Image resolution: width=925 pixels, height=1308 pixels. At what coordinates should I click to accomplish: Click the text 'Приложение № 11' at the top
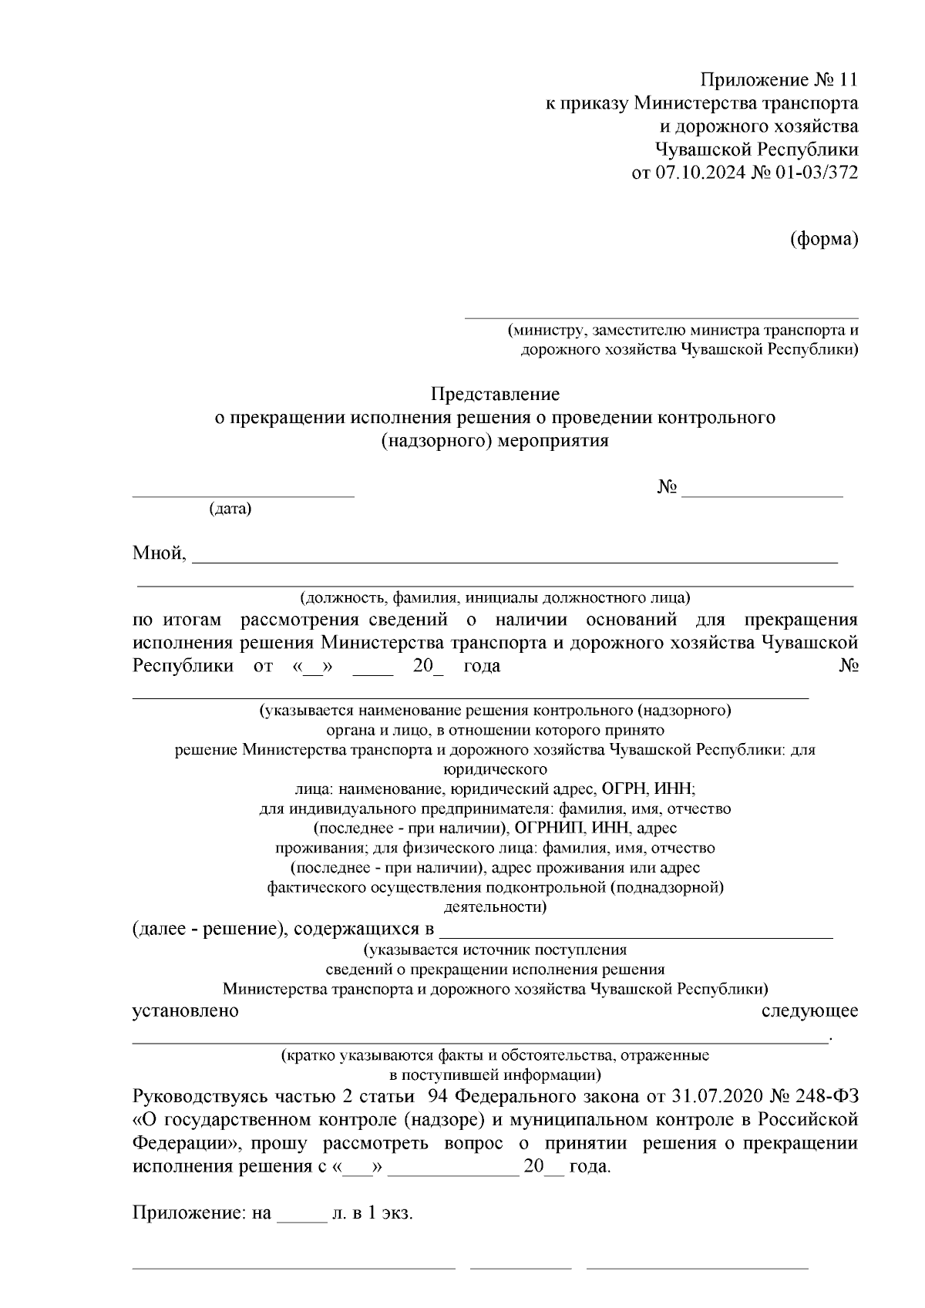(x=778, y=80)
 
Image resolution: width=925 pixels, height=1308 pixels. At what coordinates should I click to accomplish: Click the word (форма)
(x=824, y=240)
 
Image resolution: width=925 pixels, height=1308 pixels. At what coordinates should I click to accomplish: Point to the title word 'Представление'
(x=495, y=395)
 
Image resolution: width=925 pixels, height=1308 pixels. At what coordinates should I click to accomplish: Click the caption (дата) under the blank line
(x=230, y=509)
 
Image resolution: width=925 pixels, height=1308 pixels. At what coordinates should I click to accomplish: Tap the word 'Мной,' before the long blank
(x=160, y=553)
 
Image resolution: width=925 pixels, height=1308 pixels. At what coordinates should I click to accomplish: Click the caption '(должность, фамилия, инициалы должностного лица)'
(x=495, y=597)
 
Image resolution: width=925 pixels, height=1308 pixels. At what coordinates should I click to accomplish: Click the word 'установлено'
(x=186, y=1010)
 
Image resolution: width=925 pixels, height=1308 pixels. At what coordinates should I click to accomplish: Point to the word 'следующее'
(x=809, y=1010)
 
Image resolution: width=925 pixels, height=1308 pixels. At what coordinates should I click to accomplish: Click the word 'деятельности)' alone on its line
(x=495, y=906)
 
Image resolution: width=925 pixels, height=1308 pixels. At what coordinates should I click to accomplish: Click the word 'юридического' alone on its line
(x=495, y=769)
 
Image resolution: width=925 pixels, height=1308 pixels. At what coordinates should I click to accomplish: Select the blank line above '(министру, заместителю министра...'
(x=660, y=316)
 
